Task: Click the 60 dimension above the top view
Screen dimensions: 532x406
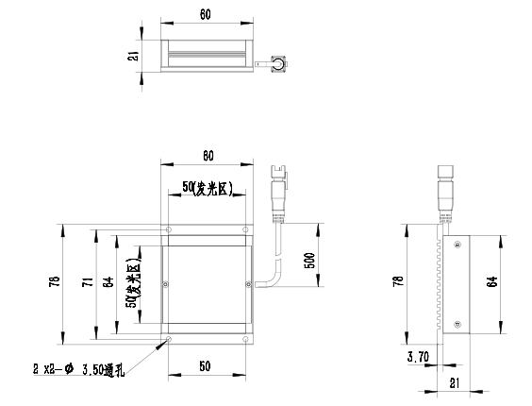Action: [206, 14]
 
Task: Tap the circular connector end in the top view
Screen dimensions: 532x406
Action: [279, 63]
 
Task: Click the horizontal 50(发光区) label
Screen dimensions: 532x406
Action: [208, 188]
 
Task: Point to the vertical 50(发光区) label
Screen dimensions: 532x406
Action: [133, 282]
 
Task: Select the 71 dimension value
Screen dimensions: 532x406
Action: [87, 282]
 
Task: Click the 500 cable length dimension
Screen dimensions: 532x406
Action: [309, 261]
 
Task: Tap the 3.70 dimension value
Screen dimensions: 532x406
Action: [418, 357]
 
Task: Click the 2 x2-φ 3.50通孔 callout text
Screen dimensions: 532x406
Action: [78, 369]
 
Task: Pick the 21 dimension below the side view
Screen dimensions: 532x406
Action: [455, 383]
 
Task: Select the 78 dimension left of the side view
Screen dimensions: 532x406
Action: [398, 281]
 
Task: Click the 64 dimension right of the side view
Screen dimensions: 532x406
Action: [492, 281]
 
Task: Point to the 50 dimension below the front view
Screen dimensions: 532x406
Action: [205, 366]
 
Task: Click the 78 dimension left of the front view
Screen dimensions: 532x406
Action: [55, 282]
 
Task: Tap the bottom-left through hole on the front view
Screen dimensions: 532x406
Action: [169, 339]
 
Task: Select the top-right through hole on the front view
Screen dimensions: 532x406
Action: [245, 229]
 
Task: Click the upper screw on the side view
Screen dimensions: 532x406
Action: [457, 244]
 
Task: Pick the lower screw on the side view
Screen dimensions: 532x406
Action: [457, 325]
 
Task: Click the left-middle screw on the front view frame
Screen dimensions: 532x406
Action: [166, 284]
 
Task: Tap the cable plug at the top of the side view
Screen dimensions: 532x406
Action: [445, 194]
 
